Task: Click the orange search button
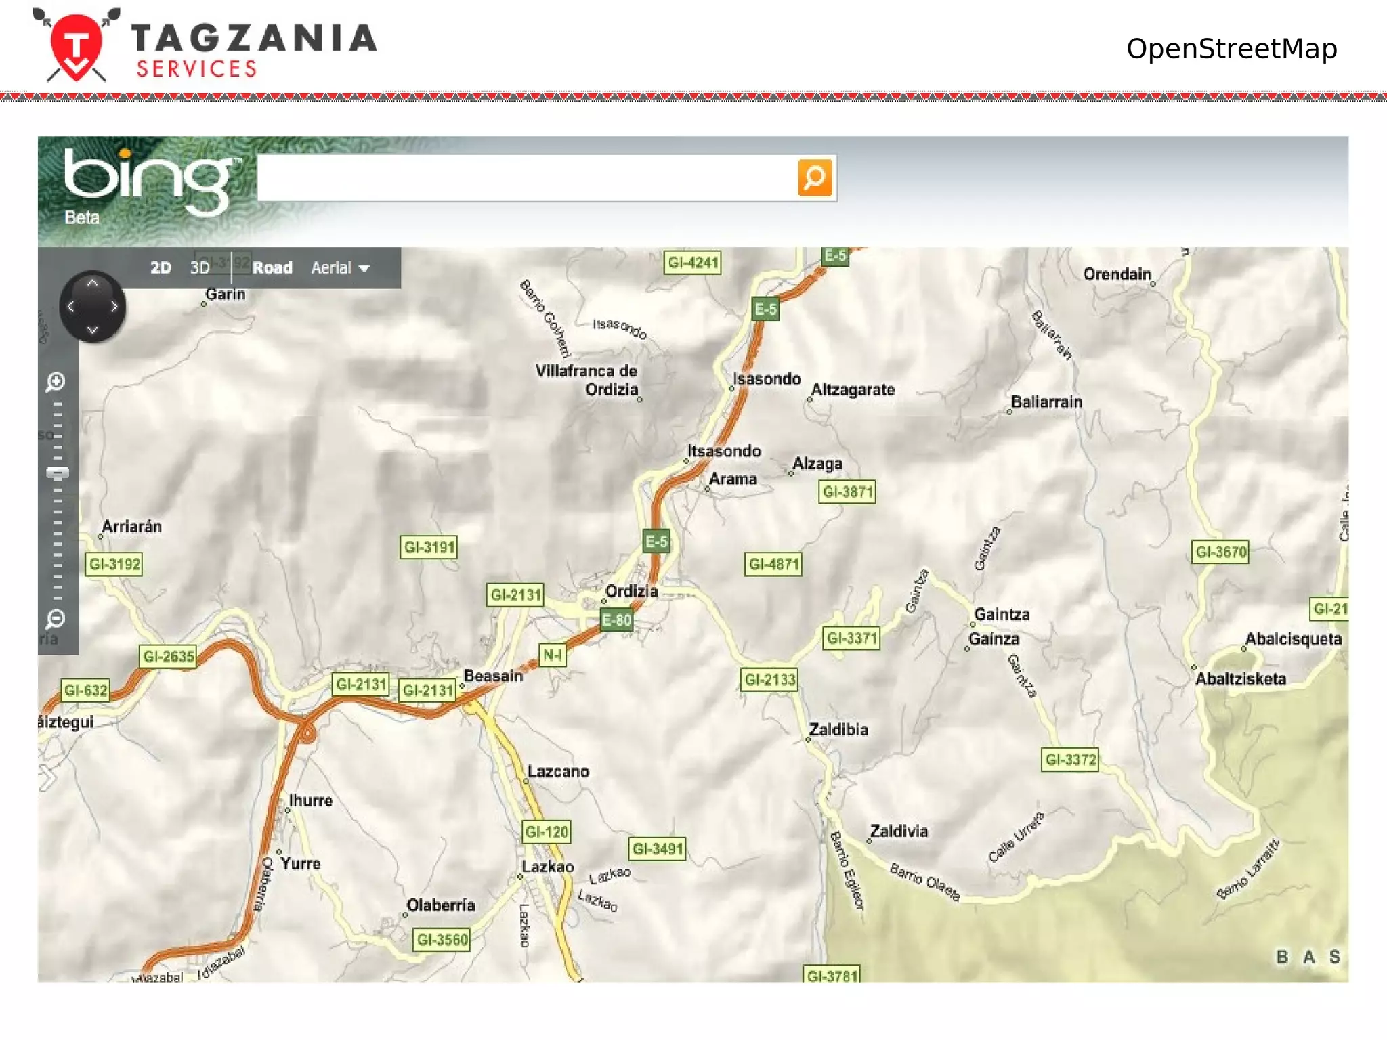814,177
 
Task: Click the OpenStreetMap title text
1231,49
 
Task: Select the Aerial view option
339,267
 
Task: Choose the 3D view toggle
200,267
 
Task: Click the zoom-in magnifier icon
56,382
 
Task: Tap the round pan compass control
92,307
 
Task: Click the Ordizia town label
631,591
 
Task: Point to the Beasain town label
493,676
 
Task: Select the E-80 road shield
616,620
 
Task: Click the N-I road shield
553,655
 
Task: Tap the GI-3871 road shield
847,492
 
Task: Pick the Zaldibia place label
838,730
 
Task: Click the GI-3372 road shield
1070,760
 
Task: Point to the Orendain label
1117,274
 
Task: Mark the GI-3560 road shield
442,940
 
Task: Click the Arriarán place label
131,527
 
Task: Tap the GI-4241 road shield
693,263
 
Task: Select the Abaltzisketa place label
1240,679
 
